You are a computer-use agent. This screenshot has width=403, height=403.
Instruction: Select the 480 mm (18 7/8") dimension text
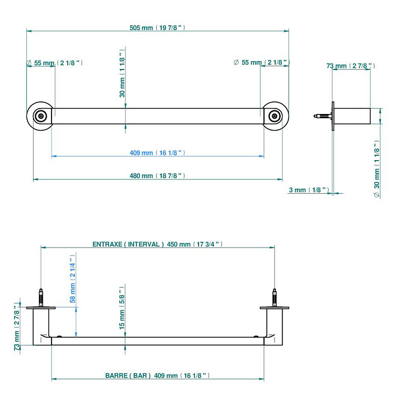[157, 176]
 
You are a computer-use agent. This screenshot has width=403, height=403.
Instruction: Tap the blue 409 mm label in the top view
[157, 153]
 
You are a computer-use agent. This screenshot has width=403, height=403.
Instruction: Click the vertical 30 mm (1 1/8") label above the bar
[122, 75]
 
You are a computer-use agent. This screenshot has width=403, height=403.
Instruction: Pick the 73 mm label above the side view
[351, 65]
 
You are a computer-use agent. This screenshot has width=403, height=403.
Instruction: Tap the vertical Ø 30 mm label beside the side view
[376, 169]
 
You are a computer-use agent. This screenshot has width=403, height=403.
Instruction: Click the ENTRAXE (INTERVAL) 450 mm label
[157, 244]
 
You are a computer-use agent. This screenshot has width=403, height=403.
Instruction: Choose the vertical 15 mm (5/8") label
[122, 314]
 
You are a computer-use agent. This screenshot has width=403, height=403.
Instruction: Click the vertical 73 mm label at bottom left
[16, 329]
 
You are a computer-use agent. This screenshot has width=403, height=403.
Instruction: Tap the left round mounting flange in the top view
[41, 116]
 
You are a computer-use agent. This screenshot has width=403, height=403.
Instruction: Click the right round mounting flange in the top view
[274, 116]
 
